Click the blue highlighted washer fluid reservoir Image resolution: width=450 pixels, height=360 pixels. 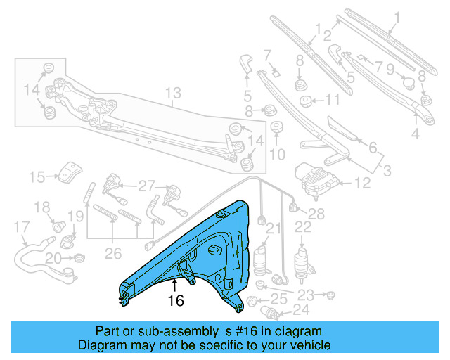[204, 253]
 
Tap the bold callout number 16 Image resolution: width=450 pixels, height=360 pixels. [175, 301]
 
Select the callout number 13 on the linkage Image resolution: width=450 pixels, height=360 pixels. [173, 93]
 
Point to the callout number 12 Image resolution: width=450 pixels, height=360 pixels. [361, 184]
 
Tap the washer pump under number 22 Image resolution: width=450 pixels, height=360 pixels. [303, 259]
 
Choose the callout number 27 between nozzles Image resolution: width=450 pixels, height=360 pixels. [146, 186]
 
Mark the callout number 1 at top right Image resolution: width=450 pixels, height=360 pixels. [395, 17]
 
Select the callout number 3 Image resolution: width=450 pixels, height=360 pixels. [387, 169]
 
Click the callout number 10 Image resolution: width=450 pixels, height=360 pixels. [276, 154]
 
